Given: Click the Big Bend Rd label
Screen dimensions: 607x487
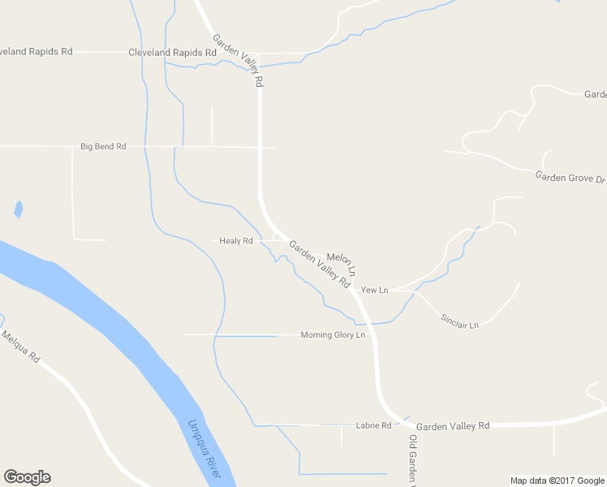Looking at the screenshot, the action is click(103, 147).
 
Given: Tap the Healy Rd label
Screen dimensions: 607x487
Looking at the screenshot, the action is click(236, 241).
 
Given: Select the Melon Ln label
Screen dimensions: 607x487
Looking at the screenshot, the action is click(342, 261).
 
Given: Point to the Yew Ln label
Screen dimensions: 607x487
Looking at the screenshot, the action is click(375, 290).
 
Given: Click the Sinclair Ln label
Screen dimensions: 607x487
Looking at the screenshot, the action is click(460, 320).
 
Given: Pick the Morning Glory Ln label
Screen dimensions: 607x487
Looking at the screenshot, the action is click(333, 335).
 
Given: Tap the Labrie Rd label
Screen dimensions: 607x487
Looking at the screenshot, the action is click(374, 425).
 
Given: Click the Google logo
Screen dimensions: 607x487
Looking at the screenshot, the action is click(27, 477).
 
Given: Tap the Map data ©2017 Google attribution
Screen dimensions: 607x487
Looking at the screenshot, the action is click(557, 481).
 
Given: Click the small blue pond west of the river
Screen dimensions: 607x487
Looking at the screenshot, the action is click(18, 210).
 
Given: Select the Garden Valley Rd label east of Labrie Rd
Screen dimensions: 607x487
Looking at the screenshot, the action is click(453, 426).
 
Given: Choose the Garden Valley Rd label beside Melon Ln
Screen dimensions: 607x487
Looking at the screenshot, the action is click(319, 265).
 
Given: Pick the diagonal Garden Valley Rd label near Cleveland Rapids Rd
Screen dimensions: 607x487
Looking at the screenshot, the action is click(238, 60).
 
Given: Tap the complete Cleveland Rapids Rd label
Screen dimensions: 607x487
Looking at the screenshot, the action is click(172, 52).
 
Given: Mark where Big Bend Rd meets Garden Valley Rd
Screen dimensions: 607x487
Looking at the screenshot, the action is click(260, 148).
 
